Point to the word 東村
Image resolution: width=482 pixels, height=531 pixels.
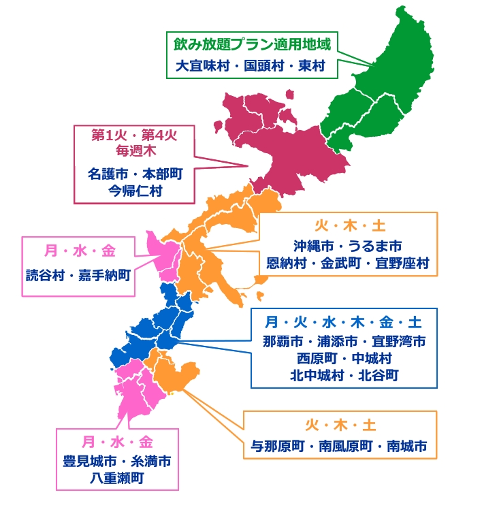tap(310, 67)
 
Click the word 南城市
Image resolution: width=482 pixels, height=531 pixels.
tap(406, 447)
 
